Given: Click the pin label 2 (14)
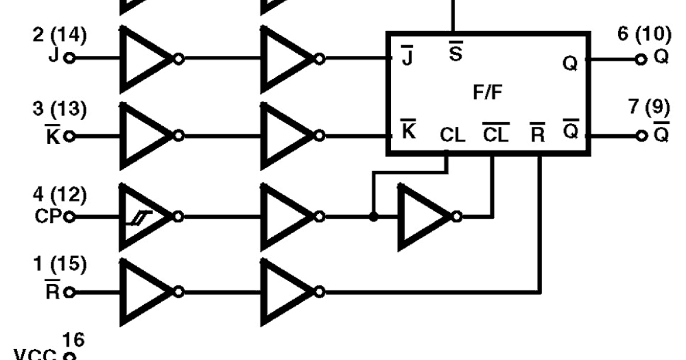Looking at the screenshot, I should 60,35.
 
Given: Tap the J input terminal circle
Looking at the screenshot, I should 70,58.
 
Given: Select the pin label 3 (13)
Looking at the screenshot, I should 60,111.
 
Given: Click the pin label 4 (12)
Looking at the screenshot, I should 60,195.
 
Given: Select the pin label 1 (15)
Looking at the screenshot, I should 60,265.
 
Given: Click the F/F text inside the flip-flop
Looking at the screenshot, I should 489,93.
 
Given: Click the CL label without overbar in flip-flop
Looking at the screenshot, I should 453,136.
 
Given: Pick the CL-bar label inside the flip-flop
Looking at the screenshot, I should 496,135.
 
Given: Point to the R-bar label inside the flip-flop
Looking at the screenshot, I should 538,135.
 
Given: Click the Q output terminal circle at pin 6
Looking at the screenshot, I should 640,59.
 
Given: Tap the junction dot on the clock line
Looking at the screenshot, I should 373,217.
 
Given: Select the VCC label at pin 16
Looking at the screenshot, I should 34,354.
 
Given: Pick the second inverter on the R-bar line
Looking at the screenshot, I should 286,292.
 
